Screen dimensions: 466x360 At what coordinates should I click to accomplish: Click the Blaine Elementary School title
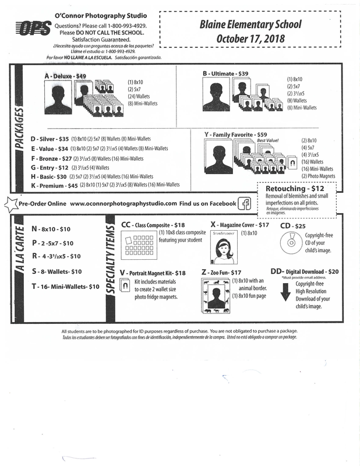pos(252,25)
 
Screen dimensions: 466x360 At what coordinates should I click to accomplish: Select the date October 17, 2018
pos(252,38)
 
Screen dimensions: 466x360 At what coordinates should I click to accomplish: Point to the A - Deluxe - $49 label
pos(65,76)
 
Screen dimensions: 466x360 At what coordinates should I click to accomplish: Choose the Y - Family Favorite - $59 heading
pos(235,135)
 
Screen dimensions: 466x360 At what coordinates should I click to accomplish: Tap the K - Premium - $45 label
pos(54,185)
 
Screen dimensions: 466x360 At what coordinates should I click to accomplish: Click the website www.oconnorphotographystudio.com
pos(123,203)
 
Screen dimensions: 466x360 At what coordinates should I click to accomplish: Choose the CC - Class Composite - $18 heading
pos(153,224)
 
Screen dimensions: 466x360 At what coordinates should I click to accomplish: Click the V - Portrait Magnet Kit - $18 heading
pos(152,272)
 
